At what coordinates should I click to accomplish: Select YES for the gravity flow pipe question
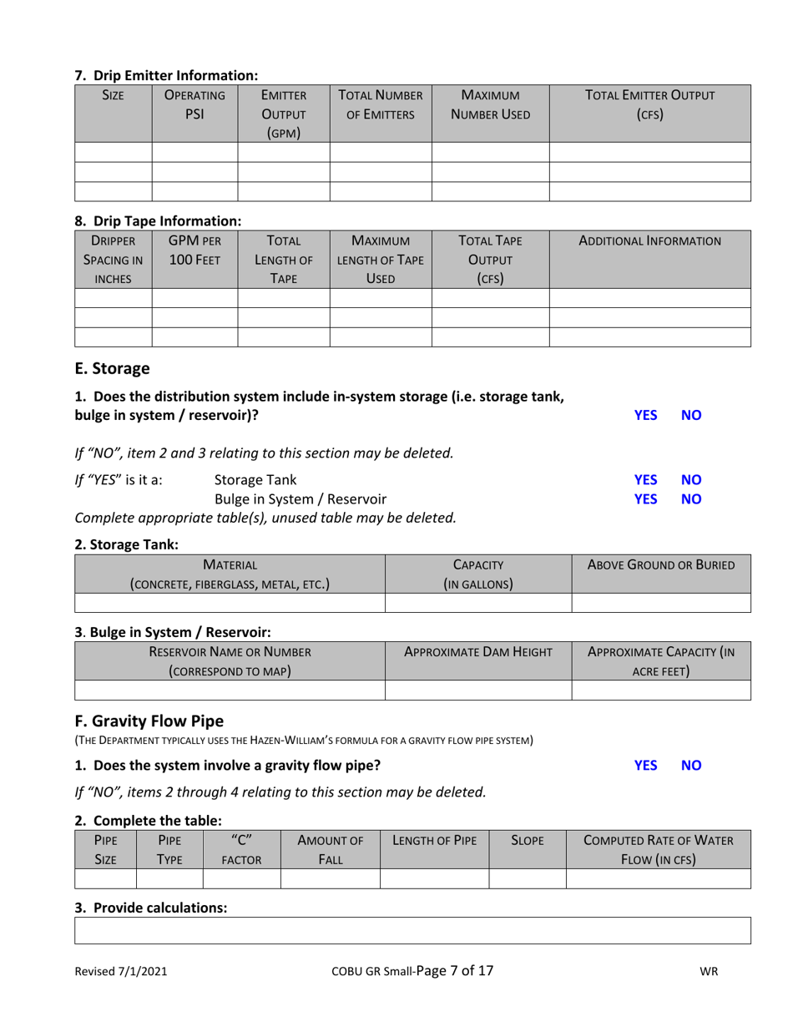click(644, 764)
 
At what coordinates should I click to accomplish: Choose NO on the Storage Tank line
click(691, 480)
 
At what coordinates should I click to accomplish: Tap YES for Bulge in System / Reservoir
click(644, 500)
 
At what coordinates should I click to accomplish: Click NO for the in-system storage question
click(691, 414)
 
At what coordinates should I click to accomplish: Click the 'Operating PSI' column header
click(194, 104)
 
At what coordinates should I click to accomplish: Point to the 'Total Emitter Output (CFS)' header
click(650, 104)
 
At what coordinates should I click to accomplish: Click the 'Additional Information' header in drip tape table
click(650, 241)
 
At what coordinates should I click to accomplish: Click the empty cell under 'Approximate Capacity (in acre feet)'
click(661, 689)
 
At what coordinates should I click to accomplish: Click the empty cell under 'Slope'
click(527, 877)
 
